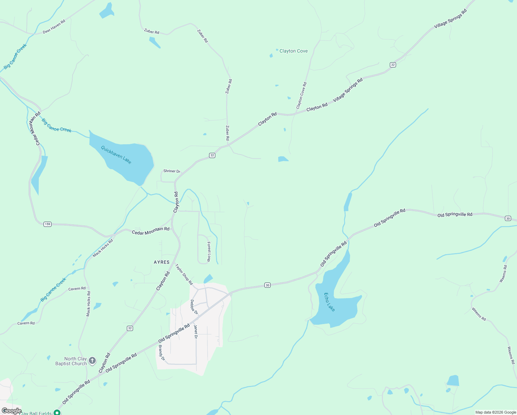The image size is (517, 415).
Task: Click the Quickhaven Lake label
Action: point(116,155)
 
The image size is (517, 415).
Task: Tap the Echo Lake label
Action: point(329,302)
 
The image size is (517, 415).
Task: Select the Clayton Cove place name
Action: point(293,51)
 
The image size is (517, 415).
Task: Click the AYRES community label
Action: point(162,262)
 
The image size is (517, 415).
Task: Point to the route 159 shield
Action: point(47,224)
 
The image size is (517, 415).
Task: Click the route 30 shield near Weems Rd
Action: point(508,218)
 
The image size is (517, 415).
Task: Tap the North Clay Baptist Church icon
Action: point(92,361)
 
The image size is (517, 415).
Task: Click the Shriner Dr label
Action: point(172,171)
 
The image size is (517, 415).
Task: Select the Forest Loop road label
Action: point(209,251)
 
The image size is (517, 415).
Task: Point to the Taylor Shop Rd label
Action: point(184,275)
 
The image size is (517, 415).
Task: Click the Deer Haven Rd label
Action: point(54,27)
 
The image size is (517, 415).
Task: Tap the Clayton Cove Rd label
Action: point(301,95)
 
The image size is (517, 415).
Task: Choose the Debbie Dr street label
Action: point(194,307)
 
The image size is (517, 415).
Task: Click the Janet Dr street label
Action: point(196,332)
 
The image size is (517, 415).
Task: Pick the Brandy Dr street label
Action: point(161,353)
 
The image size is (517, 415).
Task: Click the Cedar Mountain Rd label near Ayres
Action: point(151,231)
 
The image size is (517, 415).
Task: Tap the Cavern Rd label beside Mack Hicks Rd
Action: point(77,288)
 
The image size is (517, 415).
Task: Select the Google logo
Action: point(11,411)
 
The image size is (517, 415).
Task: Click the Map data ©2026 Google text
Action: point(496,412)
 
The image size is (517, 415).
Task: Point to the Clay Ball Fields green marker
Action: point(57,412)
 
